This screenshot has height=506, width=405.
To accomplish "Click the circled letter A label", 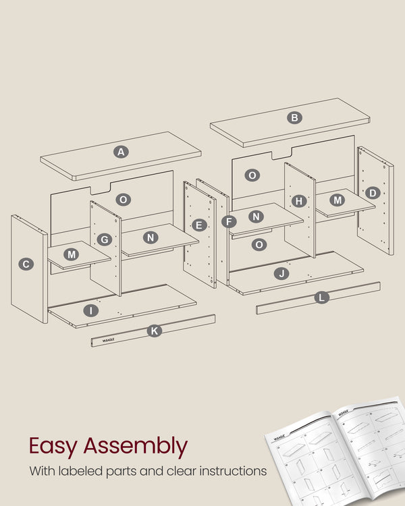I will pos(121,152).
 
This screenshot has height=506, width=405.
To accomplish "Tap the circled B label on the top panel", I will pos(294,117).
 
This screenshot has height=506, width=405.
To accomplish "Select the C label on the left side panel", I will pos(26,264).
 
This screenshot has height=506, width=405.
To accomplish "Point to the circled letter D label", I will pos(372,194).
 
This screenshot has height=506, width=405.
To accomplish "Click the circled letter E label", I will pos(198,225).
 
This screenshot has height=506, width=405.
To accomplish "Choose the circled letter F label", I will pos(229,221).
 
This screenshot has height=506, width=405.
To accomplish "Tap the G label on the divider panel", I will pos(104,240).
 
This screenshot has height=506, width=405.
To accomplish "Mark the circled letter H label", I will pos(300,201).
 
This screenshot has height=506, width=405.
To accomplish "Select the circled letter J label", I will pos(282,273).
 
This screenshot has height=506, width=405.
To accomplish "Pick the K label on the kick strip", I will pos(154,331).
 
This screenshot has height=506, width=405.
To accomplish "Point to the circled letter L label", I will pos(322,297).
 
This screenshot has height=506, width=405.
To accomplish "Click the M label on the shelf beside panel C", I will pos(72,254).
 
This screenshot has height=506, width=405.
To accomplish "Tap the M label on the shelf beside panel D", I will pos(338,200).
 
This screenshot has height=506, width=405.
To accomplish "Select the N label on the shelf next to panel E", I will pos(151,237).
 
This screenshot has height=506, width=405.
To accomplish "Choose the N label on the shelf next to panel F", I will pos(256,217).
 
